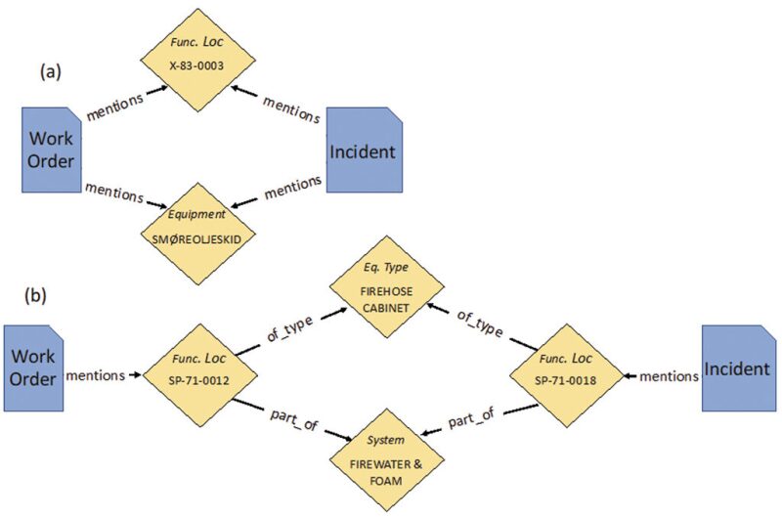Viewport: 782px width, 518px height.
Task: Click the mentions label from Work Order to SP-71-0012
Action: [95, 373]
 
